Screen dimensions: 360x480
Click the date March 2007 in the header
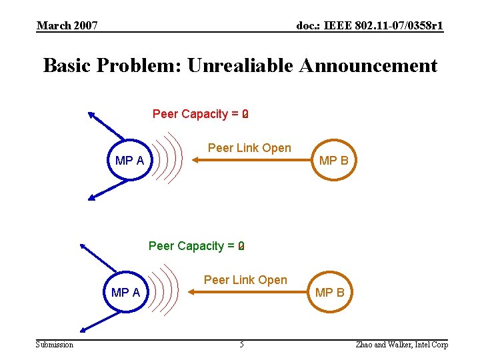[67, 26]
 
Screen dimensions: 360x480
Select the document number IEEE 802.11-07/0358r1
[369, 26]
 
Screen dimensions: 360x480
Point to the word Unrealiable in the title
[241, 66]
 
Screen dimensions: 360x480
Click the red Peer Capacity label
[200, 114]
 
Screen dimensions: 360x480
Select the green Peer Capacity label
[196, 246]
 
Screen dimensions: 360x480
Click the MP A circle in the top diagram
[129, 161]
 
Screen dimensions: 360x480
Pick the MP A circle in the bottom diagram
[125, 293]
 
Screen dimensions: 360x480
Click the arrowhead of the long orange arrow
[196, 160]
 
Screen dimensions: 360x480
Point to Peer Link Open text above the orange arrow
[249, 148]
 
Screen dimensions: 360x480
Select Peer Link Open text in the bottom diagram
[245, 280]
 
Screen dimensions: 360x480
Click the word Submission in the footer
[55, 345]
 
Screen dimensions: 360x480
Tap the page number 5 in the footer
[241, 345]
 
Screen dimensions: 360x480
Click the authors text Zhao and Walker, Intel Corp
[402, 345]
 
